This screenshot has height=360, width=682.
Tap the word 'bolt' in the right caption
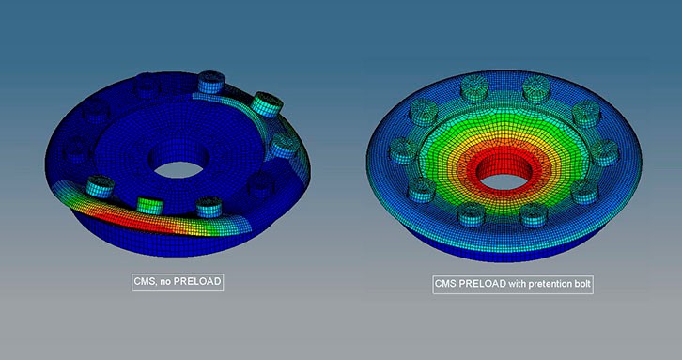pyautogui.click(x=582, y=284)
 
